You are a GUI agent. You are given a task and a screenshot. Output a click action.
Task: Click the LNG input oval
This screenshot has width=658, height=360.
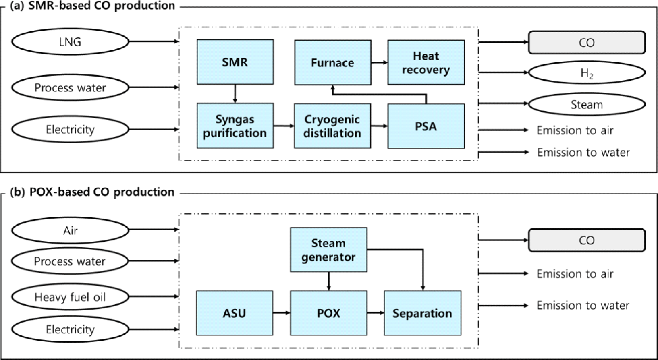click(x=70, y=41)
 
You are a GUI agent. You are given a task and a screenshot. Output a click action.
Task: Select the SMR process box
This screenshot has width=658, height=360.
click(x=235, y=62)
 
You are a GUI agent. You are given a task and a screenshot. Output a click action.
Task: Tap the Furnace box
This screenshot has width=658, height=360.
click(x=332, y=62)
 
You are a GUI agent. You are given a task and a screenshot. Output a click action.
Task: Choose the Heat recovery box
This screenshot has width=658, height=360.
click(x=426, y=62)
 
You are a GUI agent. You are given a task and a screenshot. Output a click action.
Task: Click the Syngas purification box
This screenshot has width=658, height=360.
click(x=235, y=126)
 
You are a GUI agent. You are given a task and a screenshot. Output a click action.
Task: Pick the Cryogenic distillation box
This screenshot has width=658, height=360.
click(x=332, y=126)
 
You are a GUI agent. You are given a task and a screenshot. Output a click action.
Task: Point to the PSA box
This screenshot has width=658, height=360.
click(x=426, y=126)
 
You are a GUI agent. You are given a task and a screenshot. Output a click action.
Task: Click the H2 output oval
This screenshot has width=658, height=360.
click(x=587, y=73)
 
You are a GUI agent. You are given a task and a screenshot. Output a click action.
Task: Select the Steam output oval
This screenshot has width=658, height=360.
click(x=587, y=104)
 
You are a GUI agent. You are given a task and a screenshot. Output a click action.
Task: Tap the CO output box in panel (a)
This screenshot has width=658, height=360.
click(x=587, y=42)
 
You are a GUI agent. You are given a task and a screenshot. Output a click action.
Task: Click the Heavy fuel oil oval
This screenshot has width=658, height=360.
click(x=70, y=297)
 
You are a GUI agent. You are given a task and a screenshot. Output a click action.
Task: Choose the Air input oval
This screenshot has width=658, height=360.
click(x=70, y=230)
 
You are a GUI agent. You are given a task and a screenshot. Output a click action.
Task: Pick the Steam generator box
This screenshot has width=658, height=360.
click(x=328, y=250)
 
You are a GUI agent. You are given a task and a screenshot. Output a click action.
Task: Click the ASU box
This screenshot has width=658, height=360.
click(x=235, y=313)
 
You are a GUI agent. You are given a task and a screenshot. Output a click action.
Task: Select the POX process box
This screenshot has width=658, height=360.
click(x=328, y=313)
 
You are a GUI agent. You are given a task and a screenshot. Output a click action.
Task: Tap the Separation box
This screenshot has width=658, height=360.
click(x=422, y=313)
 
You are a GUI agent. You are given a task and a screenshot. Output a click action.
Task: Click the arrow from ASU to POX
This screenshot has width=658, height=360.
click(x=281, y=312)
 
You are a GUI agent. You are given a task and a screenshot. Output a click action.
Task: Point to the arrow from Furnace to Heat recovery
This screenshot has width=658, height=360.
click(x=379, y=62)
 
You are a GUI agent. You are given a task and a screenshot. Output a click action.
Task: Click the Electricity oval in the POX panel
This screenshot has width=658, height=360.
click(x=70, y=329)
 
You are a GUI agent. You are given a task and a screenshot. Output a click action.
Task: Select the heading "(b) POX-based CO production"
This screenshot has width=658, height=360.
click(x=92, y=192)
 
